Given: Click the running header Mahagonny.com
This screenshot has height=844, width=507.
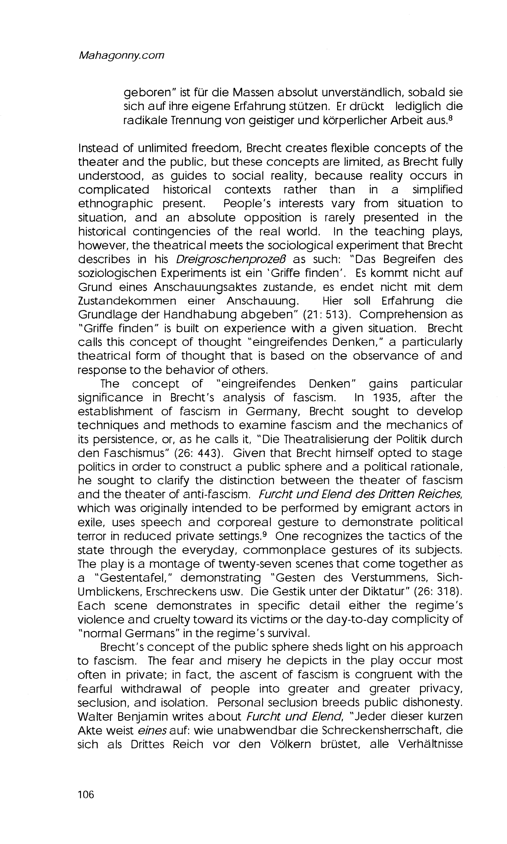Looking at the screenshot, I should (121, 55).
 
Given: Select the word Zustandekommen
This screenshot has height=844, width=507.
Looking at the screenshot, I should (127, 301).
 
